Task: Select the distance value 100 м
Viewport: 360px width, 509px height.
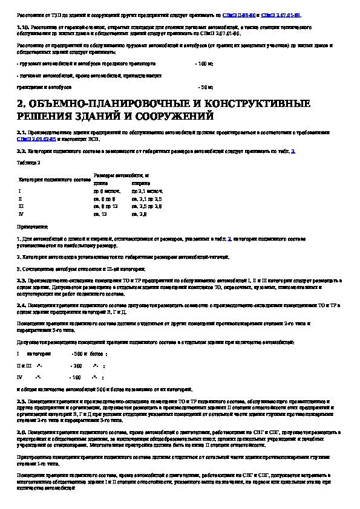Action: pos(205,63)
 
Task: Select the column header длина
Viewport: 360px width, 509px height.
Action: pos(101,182)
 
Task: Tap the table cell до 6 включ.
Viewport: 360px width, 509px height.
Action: pos(107,190)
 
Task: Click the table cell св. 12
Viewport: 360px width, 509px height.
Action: pos(100,214)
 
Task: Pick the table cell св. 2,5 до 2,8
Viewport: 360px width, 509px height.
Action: pos(146,206)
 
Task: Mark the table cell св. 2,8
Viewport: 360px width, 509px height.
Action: pos(139,214)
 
